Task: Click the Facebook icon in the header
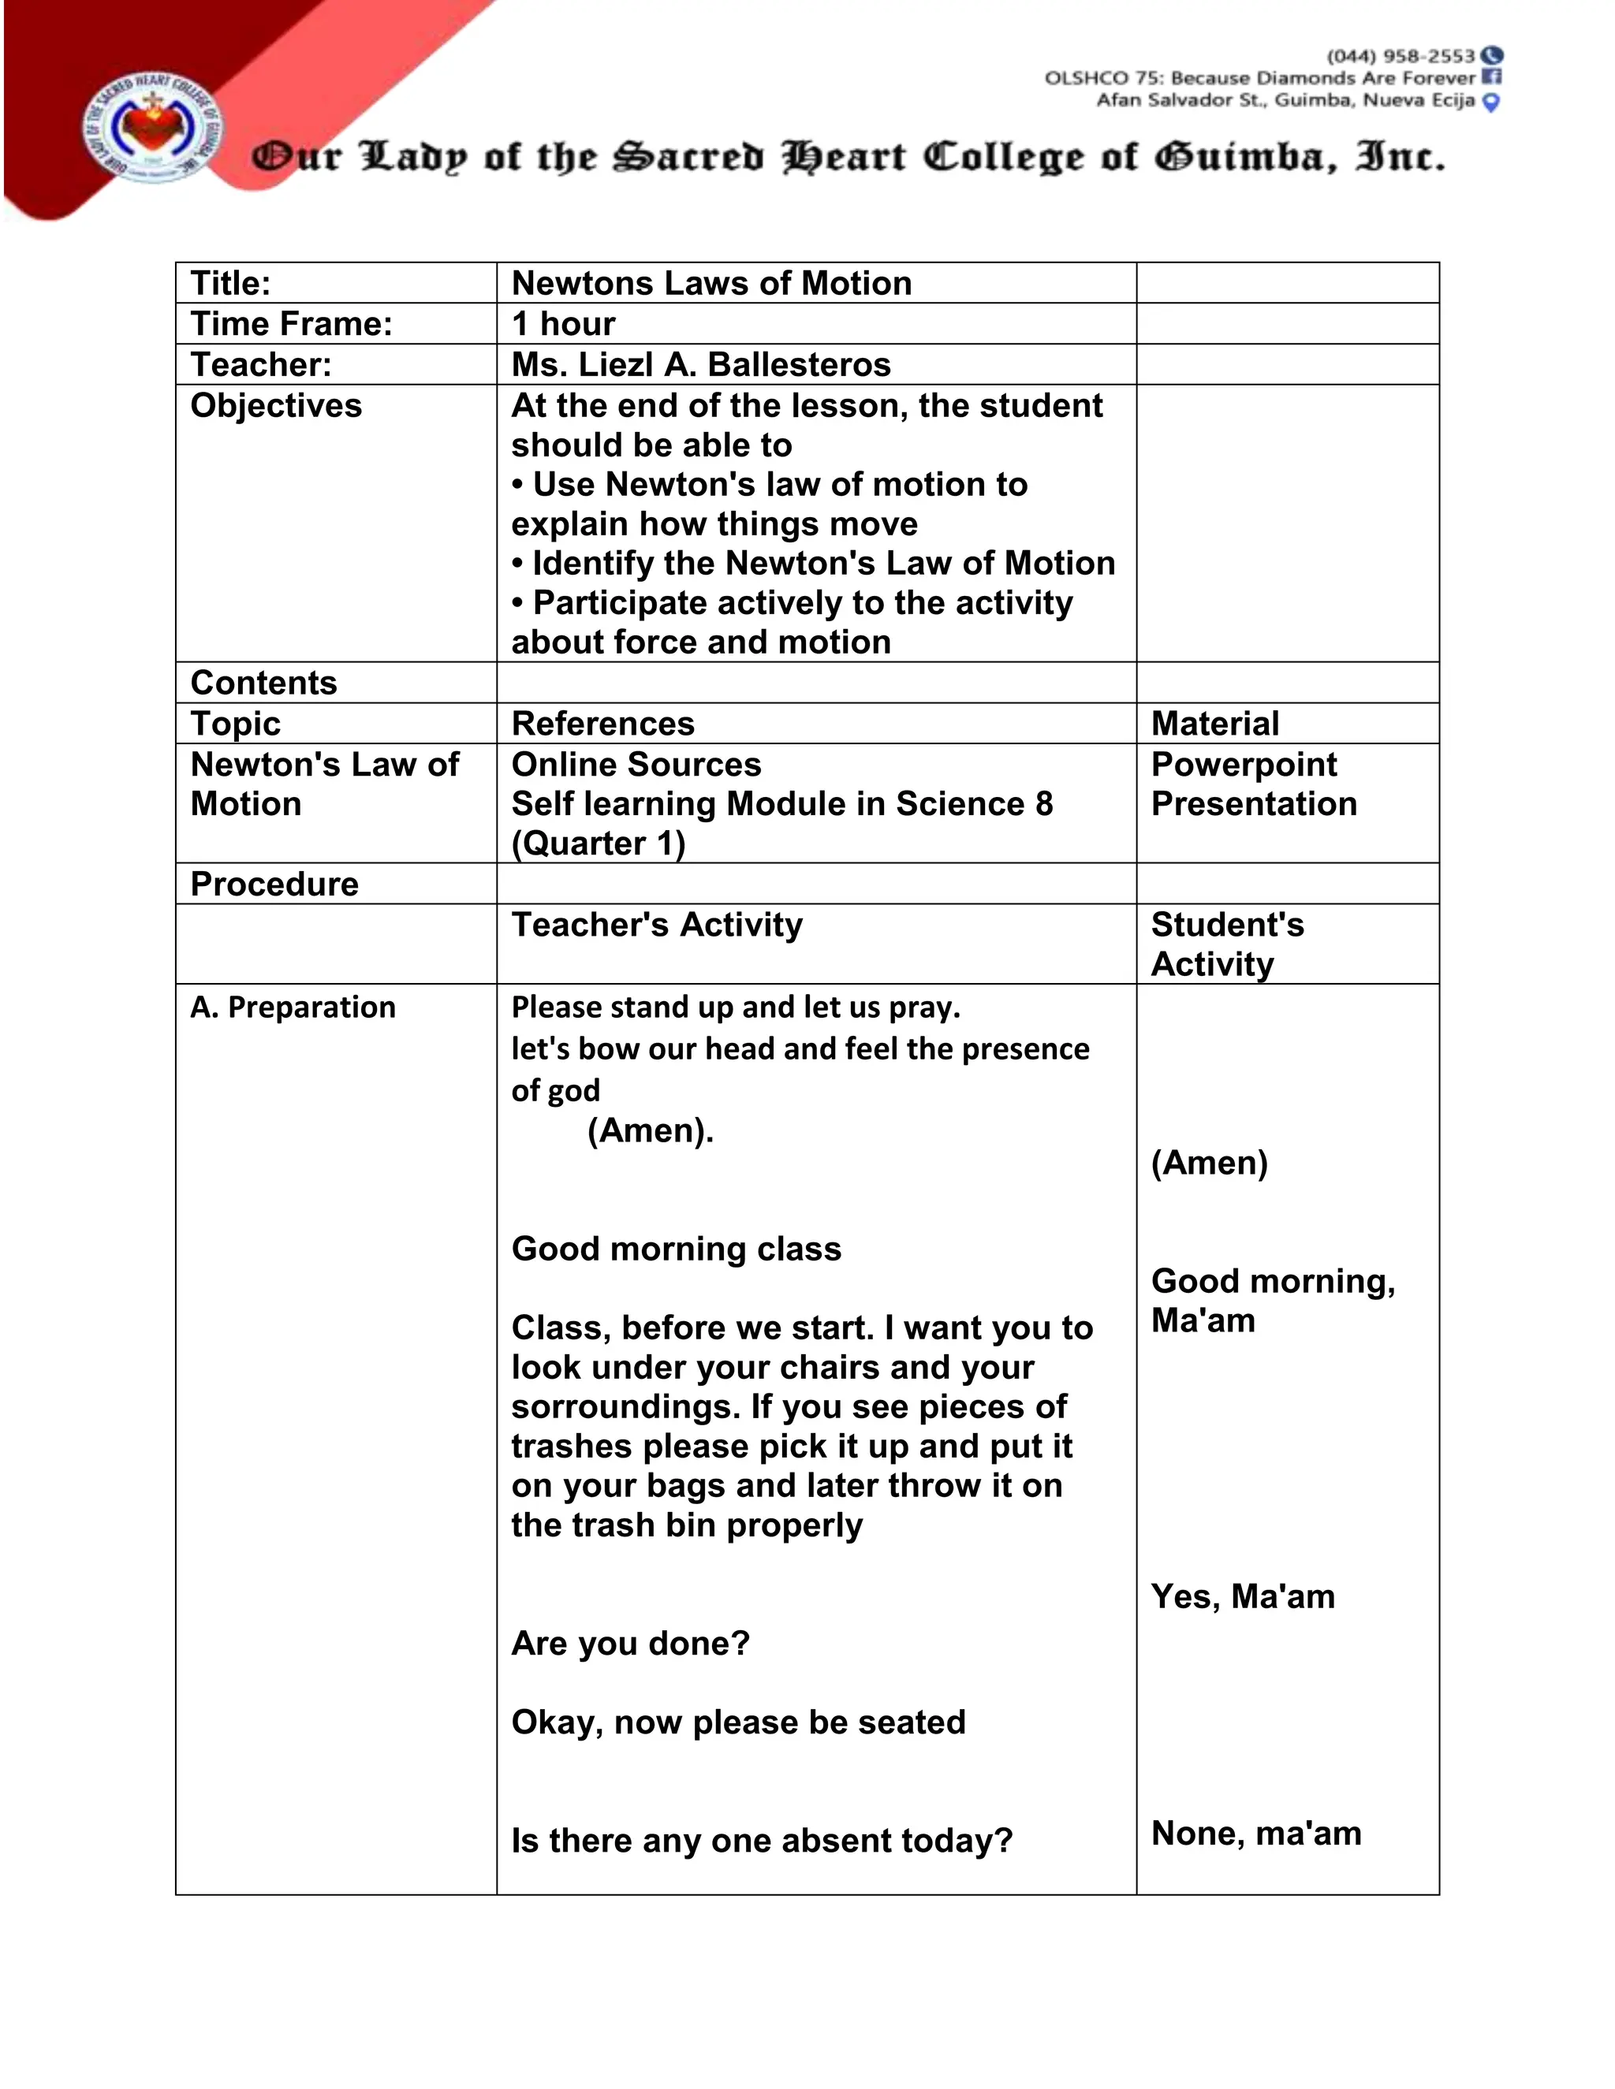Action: pos(1491,77)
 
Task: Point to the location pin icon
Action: pos(1490,102)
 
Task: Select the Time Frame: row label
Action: pos(292,324)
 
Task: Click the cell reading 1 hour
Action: pos(564,324)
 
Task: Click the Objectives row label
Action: pos(275,405)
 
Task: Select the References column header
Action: pos(602,724)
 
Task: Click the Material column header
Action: pos(1214,724)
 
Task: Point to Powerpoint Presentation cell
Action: pos(1253,784)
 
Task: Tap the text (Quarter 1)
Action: pos(598,843)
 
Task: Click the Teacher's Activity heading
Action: pos(656,925)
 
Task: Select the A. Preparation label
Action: pos(293,1007)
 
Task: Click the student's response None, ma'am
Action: pos(1255,1834)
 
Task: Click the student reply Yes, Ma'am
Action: pos(1242,1596)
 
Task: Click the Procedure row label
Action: pos(274,884)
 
